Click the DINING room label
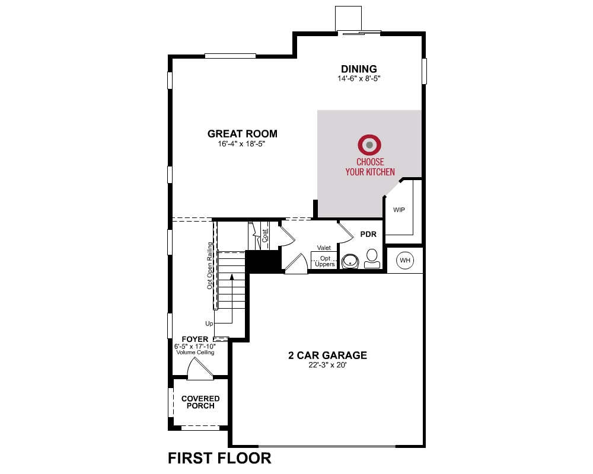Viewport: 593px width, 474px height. coord(358,69)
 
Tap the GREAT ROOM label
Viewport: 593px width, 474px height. coord(242,133)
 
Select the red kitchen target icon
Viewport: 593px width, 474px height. coord(369,144)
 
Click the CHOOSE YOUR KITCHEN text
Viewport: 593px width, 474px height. coord(370,166)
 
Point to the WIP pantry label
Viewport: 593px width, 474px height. coord(398,210)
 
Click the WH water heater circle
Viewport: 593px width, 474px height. coord(405,260)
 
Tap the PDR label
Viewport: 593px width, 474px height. coord(368,235)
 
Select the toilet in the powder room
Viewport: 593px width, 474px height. coord(372,259)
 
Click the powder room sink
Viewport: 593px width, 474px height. coord(350,261)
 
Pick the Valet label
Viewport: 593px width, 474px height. coord(324,248)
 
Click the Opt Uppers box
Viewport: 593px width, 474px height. coord(324,261)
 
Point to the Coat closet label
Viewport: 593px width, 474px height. coord(264,236)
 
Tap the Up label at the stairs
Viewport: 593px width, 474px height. coord(209,324)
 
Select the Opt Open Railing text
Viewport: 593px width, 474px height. coord(210,265)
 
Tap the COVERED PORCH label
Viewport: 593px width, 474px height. coord(200,402)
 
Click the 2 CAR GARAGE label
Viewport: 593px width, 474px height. coord(327,355)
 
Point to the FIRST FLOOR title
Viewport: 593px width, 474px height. coord(219,457)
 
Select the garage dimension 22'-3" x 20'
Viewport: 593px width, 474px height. coord(327,365)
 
